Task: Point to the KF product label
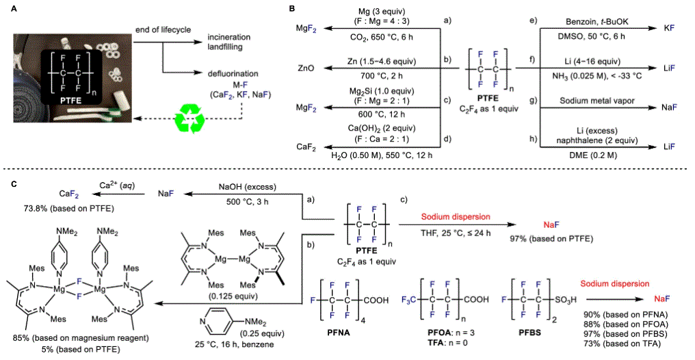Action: (670, 30)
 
